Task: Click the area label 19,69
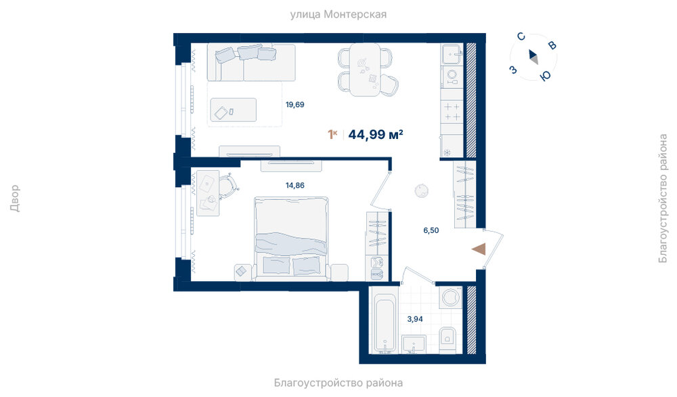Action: [x=295, y=104]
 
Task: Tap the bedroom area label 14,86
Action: [x=295, y=186]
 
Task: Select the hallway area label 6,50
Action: [x=431, y=230]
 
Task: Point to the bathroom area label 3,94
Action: [x=415, y=319]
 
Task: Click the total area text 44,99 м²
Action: [x=376, y=134]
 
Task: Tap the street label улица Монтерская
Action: [x=338, y=14]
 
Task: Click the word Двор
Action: [x=15, y=198]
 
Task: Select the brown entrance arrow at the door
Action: [x=479, y=249]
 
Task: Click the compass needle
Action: [x=533, y=57]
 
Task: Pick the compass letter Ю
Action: [x=546, y=76]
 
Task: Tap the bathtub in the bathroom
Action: [x=386, y=322]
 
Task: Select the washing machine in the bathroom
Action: [x=451, y=297]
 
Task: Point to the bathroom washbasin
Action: [x=414, y=344]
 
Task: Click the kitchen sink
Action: [x=452, y=54]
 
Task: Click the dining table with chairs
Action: [x=366, y=70]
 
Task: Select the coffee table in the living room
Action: [x=233, y=110]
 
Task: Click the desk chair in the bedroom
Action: [x=228, y=186]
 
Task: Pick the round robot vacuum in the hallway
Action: [x=421, y=190]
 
